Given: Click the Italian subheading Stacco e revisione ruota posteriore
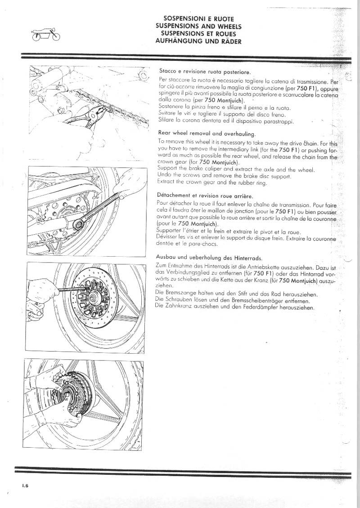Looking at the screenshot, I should tap(202, 71).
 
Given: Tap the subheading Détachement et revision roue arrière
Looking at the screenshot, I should tap(205, 196).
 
